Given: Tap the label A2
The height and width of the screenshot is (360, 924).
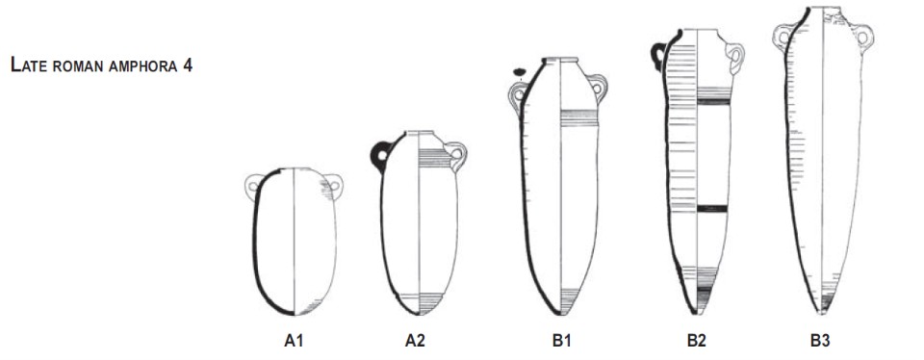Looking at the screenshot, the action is click(x=415, y=341).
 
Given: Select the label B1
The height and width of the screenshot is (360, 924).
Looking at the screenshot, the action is click(x=561, y=341).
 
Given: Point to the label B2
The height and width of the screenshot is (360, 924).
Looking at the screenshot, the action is click(x=696, y=341).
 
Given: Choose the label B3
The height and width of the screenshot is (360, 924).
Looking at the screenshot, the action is click(x=820, y=341).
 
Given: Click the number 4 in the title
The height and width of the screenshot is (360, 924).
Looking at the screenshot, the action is click(x=188, y=64).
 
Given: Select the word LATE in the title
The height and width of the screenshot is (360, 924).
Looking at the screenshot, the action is click(x=29, y=64).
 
